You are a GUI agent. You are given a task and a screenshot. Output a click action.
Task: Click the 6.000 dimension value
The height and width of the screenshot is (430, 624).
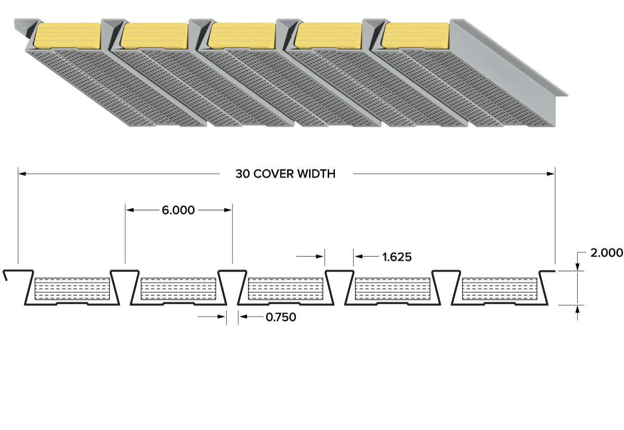coord(178,210)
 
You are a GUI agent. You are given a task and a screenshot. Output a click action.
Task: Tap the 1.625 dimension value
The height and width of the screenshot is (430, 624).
coord(397,257)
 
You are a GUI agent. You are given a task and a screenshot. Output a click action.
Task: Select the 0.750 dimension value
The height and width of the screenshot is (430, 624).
coord(281,317)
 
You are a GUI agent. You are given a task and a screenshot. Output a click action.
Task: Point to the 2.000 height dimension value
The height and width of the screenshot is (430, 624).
coord(606,253)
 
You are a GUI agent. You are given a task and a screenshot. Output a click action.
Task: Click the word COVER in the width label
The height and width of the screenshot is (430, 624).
coord(274,174)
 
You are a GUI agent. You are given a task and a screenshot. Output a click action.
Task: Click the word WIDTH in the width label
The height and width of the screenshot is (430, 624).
coord(316,174)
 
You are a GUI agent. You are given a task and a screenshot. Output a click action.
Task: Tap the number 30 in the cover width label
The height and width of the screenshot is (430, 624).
coord(243,174)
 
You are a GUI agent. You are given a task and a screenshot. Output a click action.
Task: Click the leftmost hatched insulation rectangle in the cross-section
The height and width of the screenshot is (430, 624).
coord(72,289)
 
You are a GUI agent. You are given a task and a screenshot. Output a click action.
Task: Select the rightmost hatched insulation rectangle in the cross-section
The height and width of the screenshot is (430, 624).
coord(500,289)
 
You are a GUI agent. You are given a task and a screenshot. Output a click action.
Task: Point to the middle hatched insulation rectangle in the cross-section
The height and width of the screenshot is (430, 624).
coord(285,289)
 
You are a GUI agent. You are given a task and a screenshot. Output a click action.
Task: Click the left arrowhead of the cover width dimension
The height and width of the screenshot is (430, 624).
coord(22,174)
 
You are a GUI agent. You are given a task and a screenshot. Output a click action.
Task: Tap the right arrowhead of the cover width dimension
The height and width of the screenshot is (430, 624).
coord(551,174)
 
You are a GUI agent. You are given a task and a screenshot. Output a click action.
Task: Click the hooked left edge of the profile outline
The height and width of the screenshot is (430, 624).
coord(5,275)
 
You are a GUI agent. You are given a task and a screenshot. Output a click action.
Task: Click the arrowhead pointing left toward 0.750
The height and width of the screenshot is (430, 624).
coord(243,316)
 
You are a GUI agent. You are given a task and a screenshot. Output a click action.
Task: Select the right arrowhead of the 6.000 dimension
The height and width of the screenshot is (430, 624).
coord(228,210)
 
